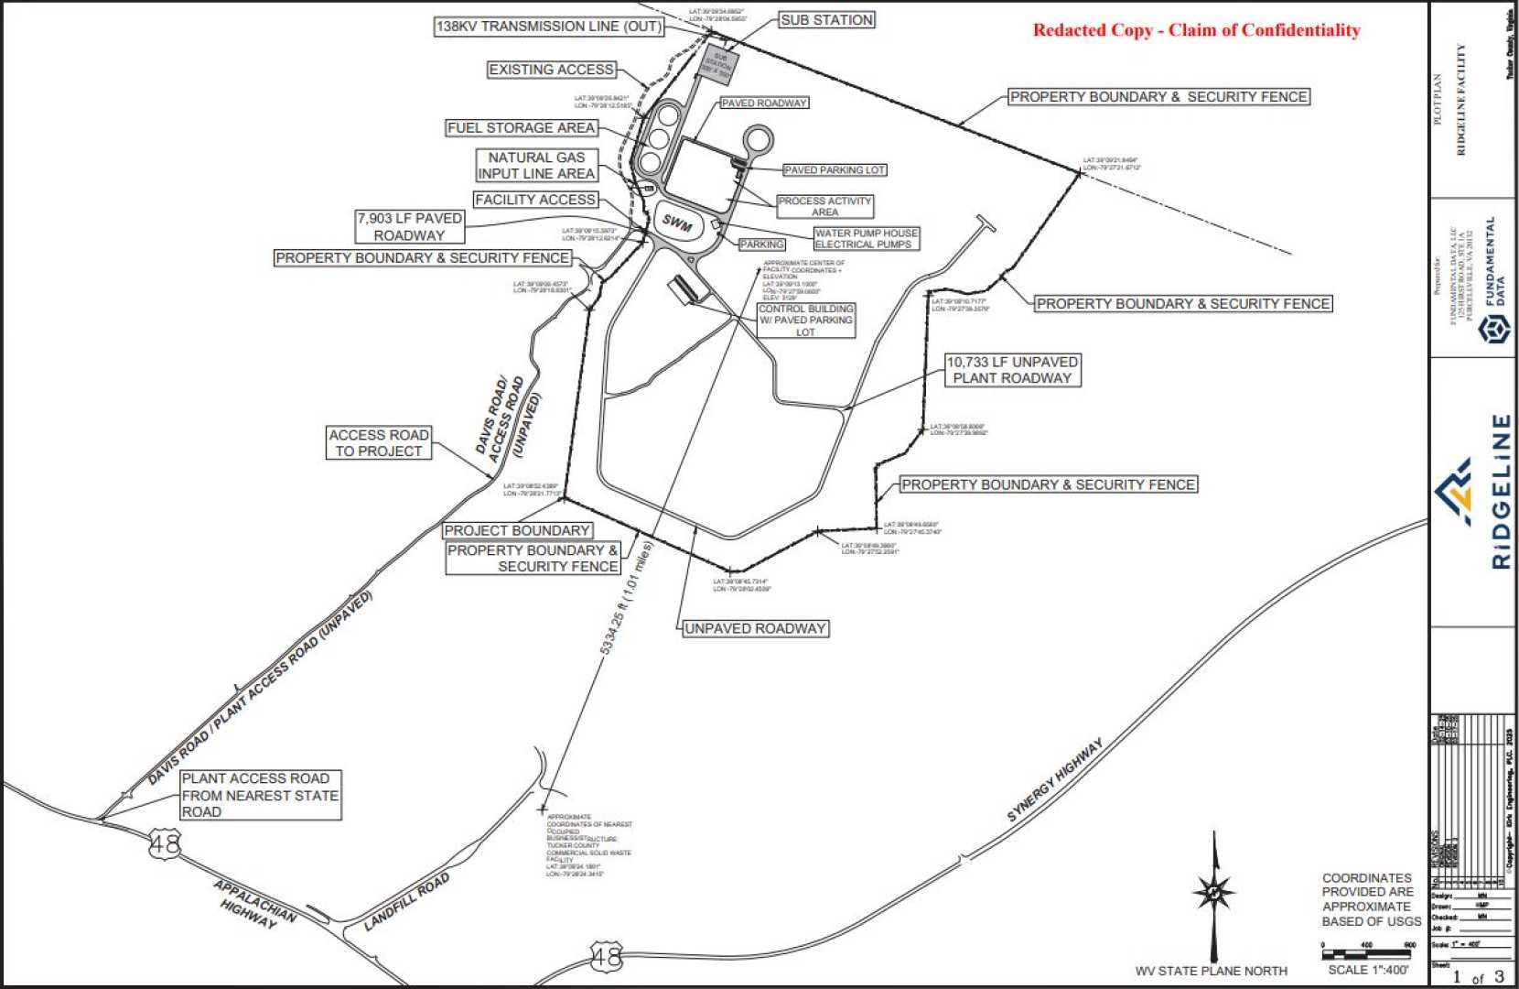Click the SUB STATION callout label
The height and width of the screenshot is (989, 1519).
[826, 20]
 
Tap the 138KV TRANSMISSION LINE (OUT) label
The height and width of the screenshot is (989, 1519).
[548, 27]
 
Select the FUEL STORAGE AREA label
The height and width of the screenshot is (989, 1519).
[522, 128]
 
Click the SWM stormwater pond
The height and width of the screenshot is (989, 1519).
[678, 223]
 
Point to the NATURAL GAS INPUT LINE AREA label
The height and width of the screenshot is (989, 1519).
[536, 166]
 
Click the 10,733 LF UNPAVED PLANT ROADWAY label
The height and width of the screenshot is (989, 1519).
[1012, 370]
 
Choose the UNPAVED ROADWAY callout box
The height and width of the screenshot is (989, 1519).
[755, 629]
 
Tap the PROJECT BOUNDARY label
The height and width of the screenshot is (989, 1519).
[517, 531]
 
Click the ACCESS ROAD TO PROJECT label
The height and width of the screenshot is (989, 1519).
[379, 443]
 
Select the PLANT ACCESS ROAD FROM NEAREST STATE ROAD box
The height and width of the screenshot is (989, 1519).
[260, 795]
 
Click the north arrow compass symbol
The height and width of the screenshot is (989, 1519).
[1214, 891]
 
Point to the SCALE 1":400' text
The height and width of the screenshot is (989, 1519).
[1368, 970]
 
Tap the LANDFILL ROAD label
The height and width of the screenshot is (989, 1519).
[407, 902]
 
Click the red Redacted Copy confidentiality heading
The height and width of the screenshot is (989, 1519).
[1196, 30]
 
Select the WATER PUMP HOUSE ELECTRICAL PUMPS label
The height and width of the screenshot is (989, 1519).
[865, 239]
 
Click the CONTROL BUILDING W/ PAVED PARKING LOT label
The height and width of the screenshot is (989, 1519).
[805, 321]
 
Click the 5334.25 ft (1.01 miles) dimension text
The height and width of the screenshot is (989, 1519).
[626, 597]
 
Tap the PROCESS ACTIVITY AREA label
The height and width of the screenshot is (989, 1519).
[824, 206]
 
